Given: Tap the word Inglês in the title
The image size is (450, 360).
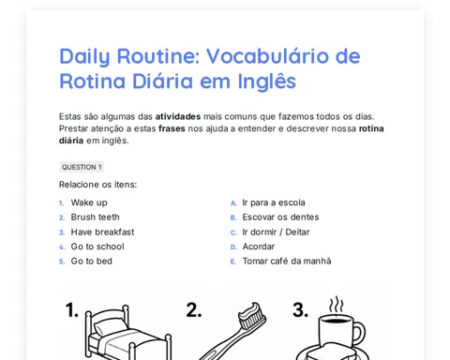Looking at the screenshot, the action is point(266,81).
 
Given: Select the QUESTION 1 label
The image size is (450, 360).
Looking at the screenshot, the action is point(82,167).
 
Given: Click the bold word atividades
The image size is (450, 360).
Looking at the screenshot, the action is point(178,116).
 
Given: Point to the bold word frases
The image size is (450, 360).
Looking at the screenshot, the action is point(172,128).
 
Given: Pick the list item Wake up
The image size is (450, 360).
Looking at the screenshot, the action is point(89,202).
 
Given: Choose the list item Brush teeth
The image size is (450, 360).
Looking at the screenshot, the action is point(95,217).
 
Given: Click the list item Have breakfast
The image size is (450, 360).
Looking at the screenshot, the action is point(102,232).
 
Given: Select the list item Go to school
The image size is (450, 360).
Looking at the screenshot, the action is point(97,247).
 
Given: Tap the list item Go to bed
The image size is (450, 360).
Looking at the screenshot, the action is point(92,262).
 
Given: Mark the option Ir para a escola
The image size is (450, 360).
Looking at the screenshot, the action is point(274,202).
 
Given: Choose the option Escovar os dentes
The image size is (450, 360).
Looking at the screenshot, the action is point(280,217).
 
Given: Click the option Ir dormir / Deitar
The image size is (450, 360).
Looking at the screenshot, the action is point(276,232).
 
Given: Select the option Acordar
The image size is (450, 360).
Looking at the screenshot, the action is point(259,247).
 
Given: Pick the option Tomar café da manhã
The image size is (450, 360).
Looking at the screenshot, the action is point(287,262).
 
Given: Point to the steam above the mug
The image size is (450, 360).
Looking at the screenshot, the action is point(336,305).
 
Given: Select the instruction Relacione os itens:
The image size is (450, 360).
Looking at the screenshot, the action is point(97,185).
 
